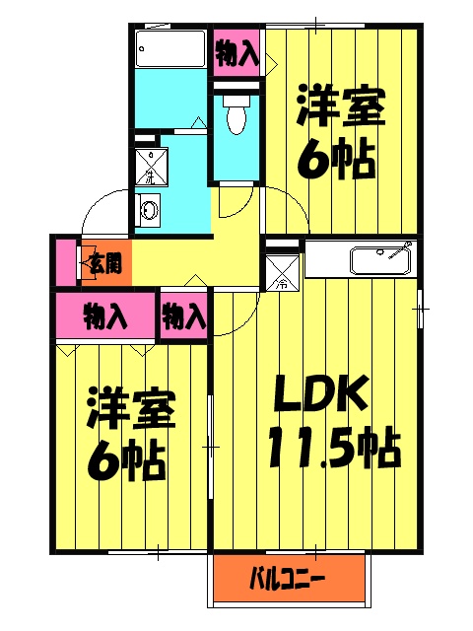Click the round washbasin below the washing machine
pos(150,210)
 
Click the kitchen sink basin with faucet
pos(380,261)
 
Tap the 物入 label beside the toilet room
pos(236,52)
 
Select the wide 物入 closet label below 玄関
pos(105,317)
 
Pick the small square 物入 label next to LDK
pos(184,317)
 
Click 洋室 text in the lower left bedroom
pos(131,408)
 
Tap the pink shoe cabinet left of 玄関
pos(65,262)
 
